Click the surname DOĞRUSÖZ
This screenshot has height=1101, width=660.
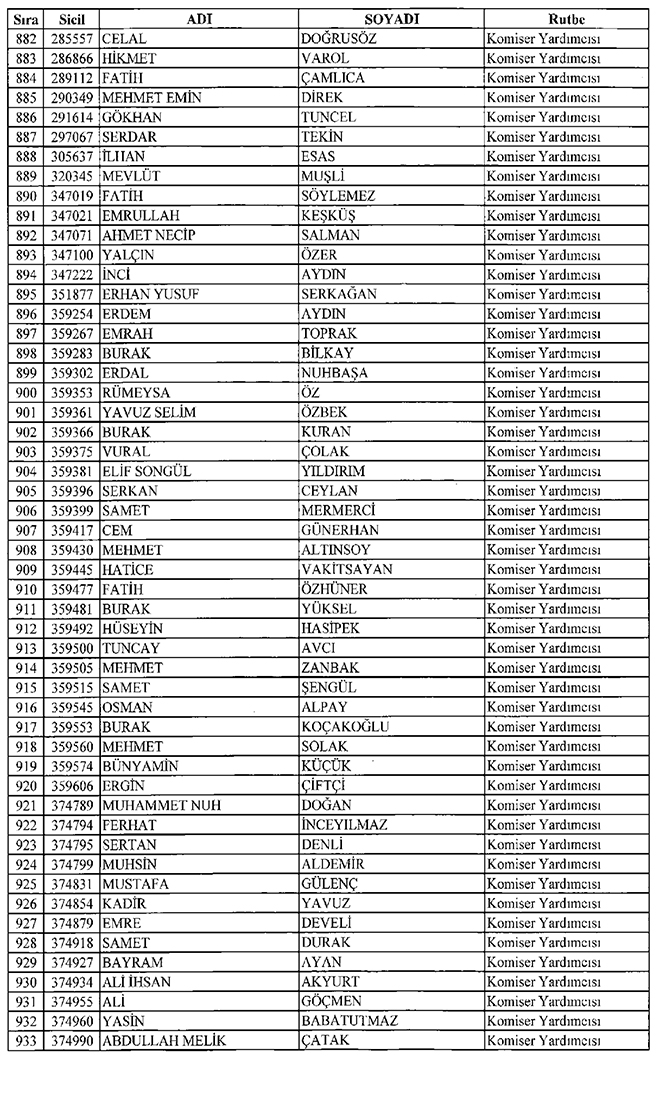click(345, 39)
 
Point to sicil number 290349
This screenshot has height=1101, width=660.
click(74, 98)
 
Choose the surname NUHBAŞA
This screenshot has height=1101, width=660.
click(336, 373)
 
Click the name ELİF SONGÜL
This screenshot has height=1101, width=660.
click(147, 471)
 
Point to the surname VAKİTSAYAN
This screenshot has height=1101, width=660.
click(347, 569)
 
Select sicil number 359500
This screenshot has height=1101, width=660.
click(74, 648)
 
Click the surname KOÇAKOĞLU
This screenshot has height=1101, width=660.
click(346, 726)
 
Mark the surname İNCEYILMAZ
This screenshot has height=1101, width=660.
click(344, 825)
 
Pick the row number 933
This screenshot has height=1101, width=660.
click(24, 1041)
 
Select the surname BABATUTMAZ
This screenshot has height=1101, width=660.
click(349, 1021)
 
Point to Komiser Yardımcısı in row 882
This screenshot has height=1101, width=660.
click(543, 39)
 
